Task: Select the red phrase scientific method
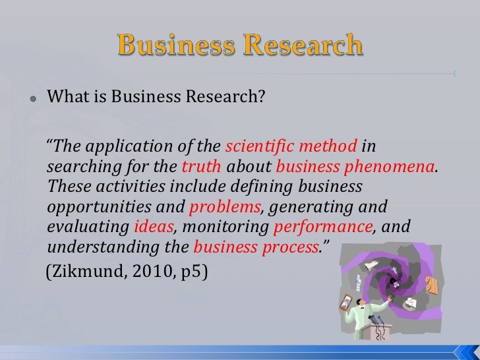pos(291,145)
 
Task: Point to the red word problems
pos(224,206)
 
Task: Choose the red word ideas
pos(154,227)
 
